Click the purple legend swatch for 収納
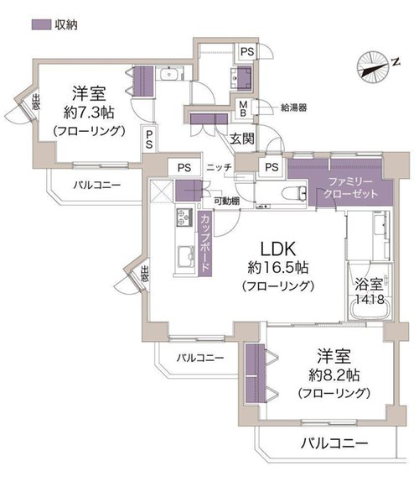coord(41,24)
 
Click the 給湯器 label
coord(294,107)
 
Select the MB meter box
coord(244,109)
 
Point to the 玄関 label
coord(242,139)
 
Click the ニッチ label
coord(219,168)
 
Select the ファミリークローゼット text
coord(350,187)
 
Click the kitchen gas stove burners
coord(184,217)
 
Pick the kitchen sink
coord(186,257)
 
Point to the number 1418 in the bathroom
coord(370,299)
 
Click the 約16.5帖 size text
coord(278,268)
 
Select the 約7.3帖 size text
coord(89,113)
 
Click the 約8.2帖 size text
coord(334,375)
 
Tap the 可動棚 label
coord(226,202)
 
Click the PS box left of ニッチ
coord(184,168)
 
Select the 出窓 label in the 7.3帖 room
coord(36,102)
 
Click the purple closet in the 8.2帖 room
coord(256,373)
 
